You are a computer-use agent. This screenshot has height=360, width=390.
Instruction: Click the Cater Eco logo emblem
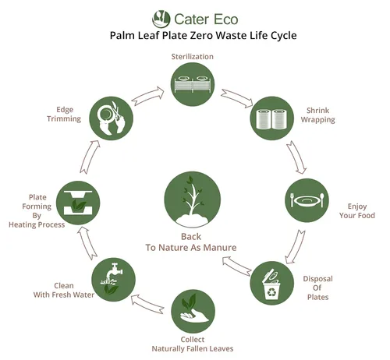(161, 19)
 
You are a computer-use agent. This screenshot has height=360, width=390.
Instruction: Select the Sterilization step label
(193, 57)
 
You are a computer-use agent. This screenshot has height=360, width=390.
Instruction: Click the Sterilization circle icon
(193, 84)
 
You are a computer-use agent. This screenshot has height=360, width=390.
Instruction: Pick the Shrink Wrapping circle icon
(272, 118)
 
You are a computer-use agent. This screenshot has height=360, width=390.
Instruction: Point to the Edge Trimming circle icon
(112, 118)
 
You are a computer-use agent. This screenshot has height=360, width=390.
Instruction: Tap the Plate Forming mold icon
(78, 203)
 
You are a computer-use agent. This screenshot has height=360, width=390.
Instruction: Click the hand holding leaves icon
(193, 311)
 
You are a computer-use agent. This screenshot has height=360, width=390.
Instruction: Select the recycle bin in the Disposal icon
(271, 285)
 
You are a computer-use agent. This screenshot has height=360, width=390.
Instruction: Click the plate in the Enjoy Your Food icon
(307, 201)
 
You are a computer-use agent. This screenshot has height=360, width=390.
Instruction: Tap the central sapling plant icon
(192, 199)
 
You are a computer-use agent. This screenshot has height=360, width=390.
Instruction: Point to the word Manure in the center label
(220, 248)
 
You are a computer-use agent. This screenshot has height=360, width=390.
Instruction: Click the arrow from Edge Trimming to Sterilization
(147, 96)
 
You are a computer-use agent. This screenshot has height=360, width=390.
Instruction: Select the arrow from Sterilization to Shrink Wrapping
(237, 98)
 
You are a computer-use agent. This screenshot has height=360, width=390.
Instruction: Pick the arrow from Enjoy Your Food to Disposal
(296, 247)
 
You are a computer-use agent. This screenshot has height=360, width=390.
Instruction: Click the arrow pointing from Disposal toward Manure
(237, 266)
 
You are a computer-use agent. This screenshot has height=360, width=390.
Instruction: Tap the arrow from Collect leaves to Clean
(147, 304)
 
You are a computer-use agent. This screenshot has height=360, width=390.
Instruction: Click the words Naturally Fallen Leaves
(193, 348)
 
